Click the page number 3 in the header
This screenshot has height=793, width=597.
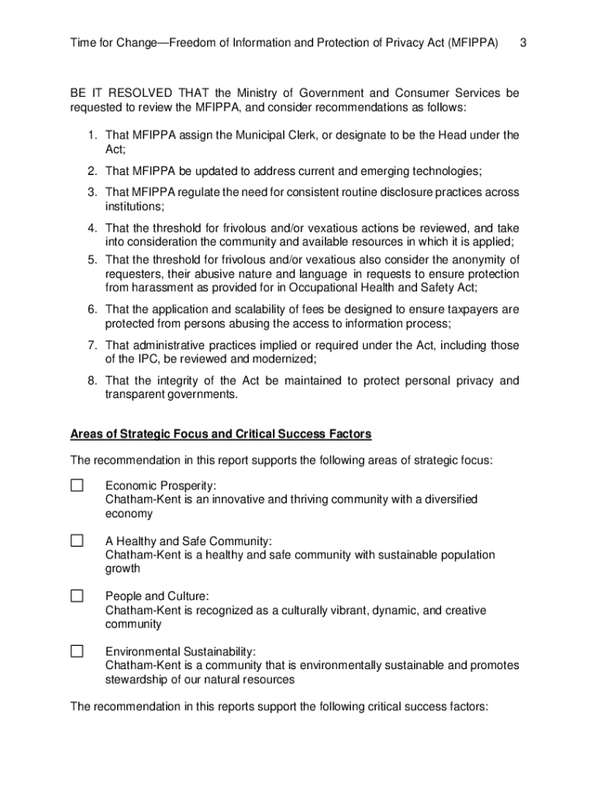pos(523,42)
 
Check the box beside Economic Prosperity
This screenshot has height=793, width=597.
pos(77,486)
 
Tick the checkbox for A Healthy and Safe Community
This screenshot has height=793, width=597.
pos(77,541)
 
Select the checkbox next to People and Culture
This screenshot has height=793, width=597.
pos(77,596)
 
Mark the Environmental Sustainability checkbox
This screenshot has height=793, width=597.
pos(77,651)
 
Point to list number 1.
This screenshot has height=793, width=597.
pos(91,136)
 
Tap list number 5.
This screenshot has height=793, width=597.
pos(91,259)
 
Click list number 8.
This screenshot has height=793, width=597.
pos(91,380)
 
